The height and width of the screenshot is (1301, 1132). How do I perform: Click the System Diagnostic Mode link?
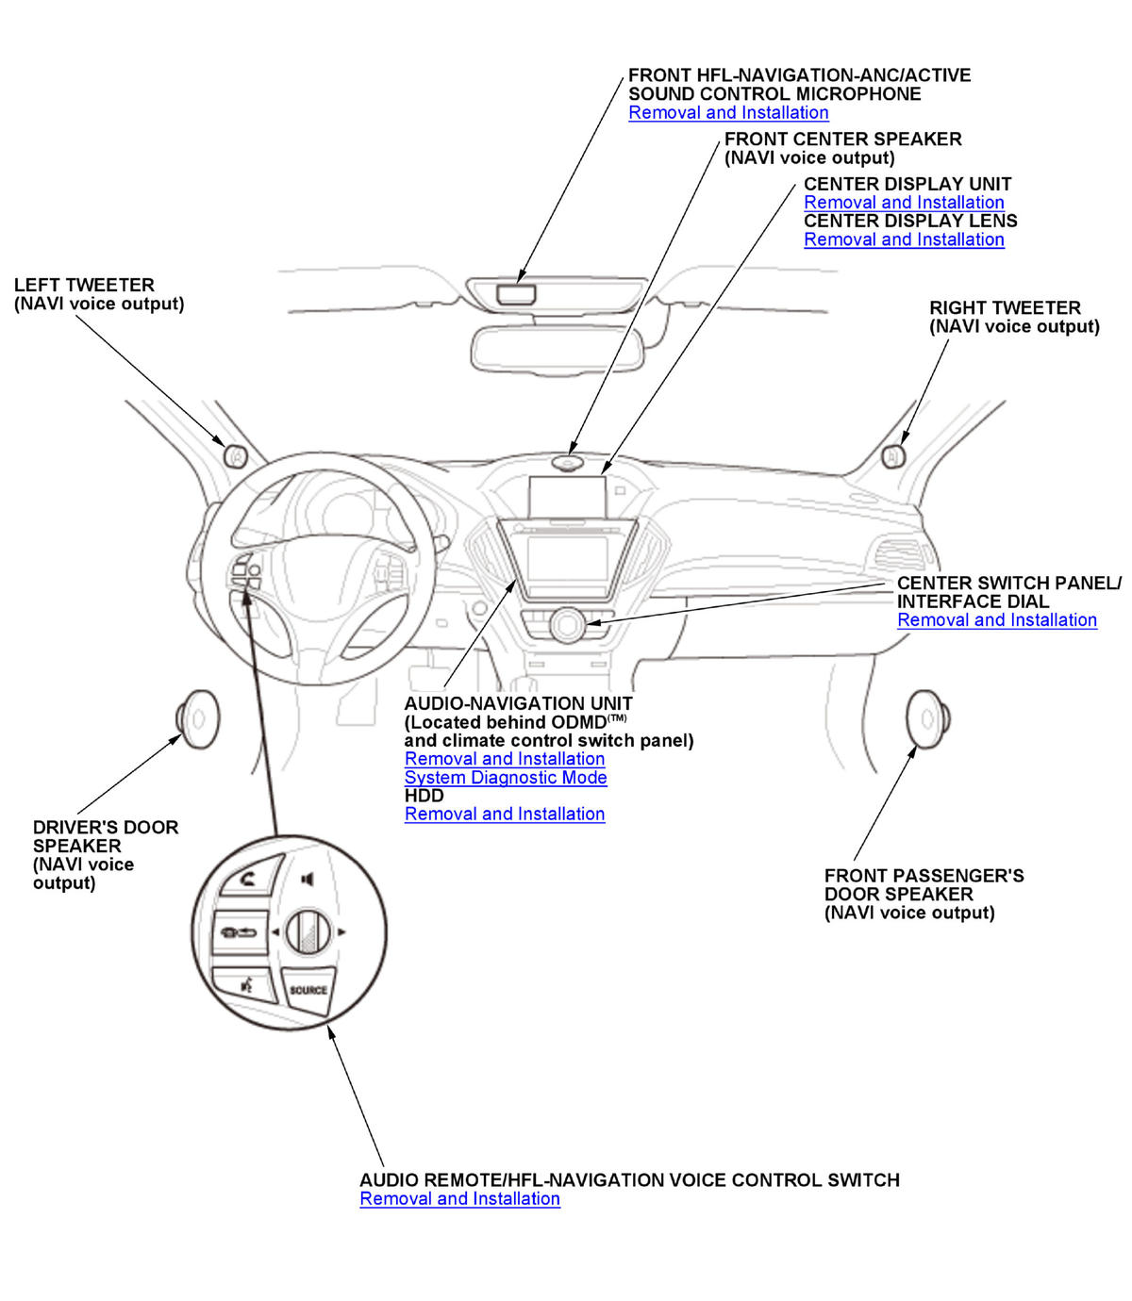coord(506,778)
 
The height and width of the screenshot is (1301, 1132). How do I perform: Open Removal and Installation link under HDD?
coord(505,815)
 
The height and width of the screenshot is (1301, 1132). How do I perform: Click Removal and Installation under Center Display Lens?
coord(904,239)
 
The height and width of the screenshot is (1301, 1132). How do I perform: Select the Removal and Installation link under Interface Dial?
coord(997,620)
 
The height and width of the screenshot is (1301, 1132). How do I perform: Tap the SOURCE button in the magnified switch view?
coord(308,990)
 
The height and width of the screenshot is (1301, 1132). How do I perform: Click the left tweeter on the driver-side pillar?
coord(235,455)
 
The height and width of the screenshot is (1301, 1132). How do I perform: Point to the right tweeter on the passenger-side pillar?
coord(892,456)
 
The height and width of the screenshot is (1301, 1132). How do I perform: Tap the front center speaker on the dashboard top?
coord(568,463)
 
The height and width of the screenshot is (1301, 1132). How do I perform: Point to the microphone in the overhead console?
coord(517,292)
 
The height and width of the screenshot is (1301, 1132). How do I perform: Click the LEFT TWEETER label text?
coord(84,285)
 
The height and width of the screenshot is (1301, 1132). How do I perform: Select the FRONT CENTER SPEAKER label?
coord(842,140)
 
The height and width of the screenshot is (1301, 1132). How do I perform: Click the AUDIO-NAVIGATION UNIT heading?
coord(518,703)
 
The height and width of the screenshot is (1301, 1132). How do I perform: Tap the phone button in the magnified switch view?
coord(247,881)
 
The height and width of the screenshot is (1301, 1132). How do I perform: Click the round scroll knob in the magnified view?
coord(308,932)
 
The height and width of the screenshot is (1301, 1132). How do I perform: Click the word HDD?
coord(424,796)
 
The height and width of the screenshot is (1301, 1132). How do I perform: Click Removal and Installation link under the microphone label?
coord(728,113)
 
